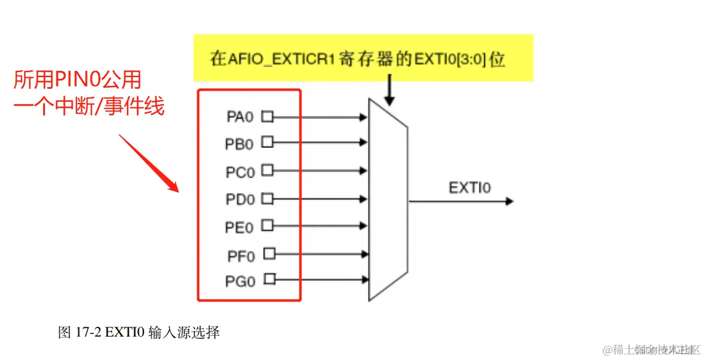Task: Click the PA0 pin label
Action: click(240, 117)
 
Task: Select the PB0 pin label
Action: click(240, 144)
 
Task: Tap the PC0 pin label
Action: click(240, 171)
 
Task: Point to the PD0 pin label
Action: click(240, 200)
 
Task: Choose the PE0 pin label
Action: click(240, 227)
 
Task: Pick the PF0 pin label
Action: click(241, 255)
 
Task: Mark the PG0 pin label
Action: click(240, 282)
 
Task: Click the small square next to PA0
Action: click(267, 115)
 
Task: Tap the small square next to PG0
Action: click(269, 279)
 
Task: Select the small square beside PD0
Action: click(267, 198)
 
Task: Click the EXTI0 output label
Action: click(470, 187)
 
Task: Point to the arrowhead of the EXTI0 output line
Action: click(508, 201)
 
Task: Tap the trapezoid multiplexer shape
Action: click(388, 200)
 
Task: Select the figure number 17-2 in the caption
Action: click(88, 333)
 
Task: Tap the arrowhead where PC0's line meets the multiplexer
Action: click(364, 170)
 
